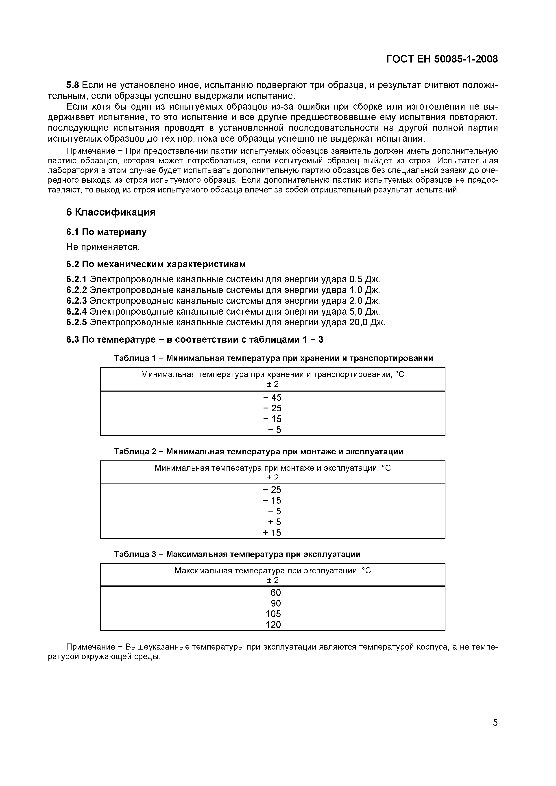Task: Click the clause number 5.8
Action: tap(73, 85)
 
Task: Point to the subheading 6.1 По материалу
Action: tap(106, 232)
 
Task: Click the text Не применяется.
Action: tap(103, 247)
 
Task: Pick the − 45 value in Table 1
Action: tap(272, 397)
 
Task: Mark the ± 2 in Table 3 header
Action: tap(273, 580)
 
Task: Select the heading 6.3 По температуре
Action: tap(194, 340)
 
